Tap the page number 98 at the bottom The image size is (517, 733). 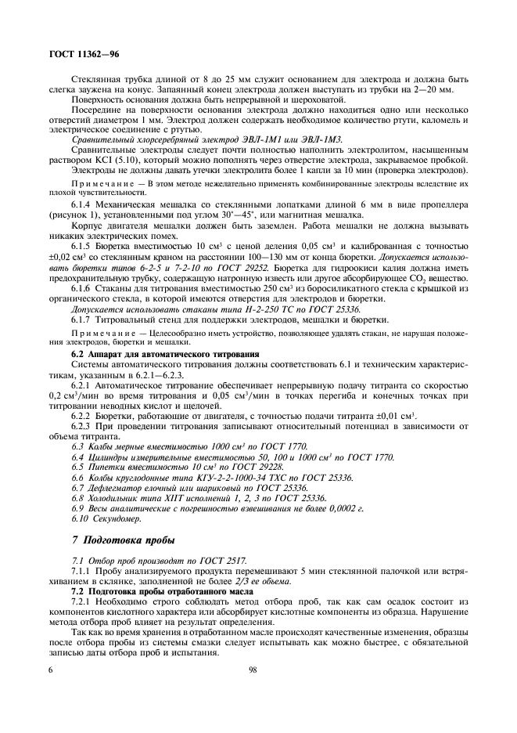253,670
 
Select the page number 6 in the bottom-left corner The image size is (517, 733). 51,670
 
